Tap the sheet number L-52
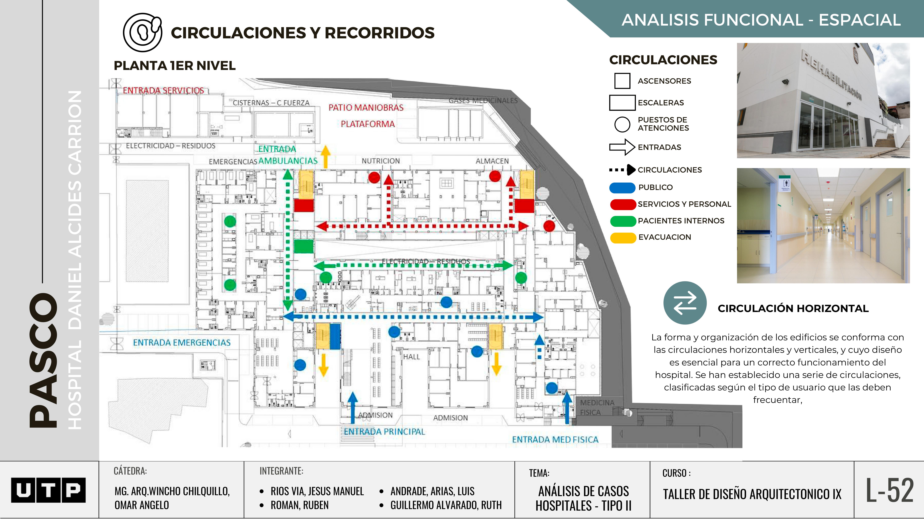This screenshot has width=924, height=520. [x=890, y=490]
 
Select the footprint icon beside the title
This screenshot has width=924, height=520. [x=142, y=32]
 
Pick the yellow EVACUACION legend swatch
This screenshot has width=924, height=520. [x=623, y=237]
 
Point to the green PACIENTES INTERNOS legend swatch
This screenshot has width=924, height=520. [x=623, y=221]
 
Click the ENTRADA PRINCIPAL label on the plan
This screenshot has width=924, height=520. [x=384, y=432]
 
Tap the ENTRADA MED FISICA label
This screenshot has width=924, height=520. [x=555, y=440]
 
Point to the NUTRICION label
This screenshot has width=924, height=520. [x=381, y=161]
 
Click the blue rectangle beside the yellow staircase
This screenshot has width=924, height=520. [x=335, y=336]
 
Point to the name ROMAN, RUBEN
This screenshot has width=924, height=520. [x=300, y=505]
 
